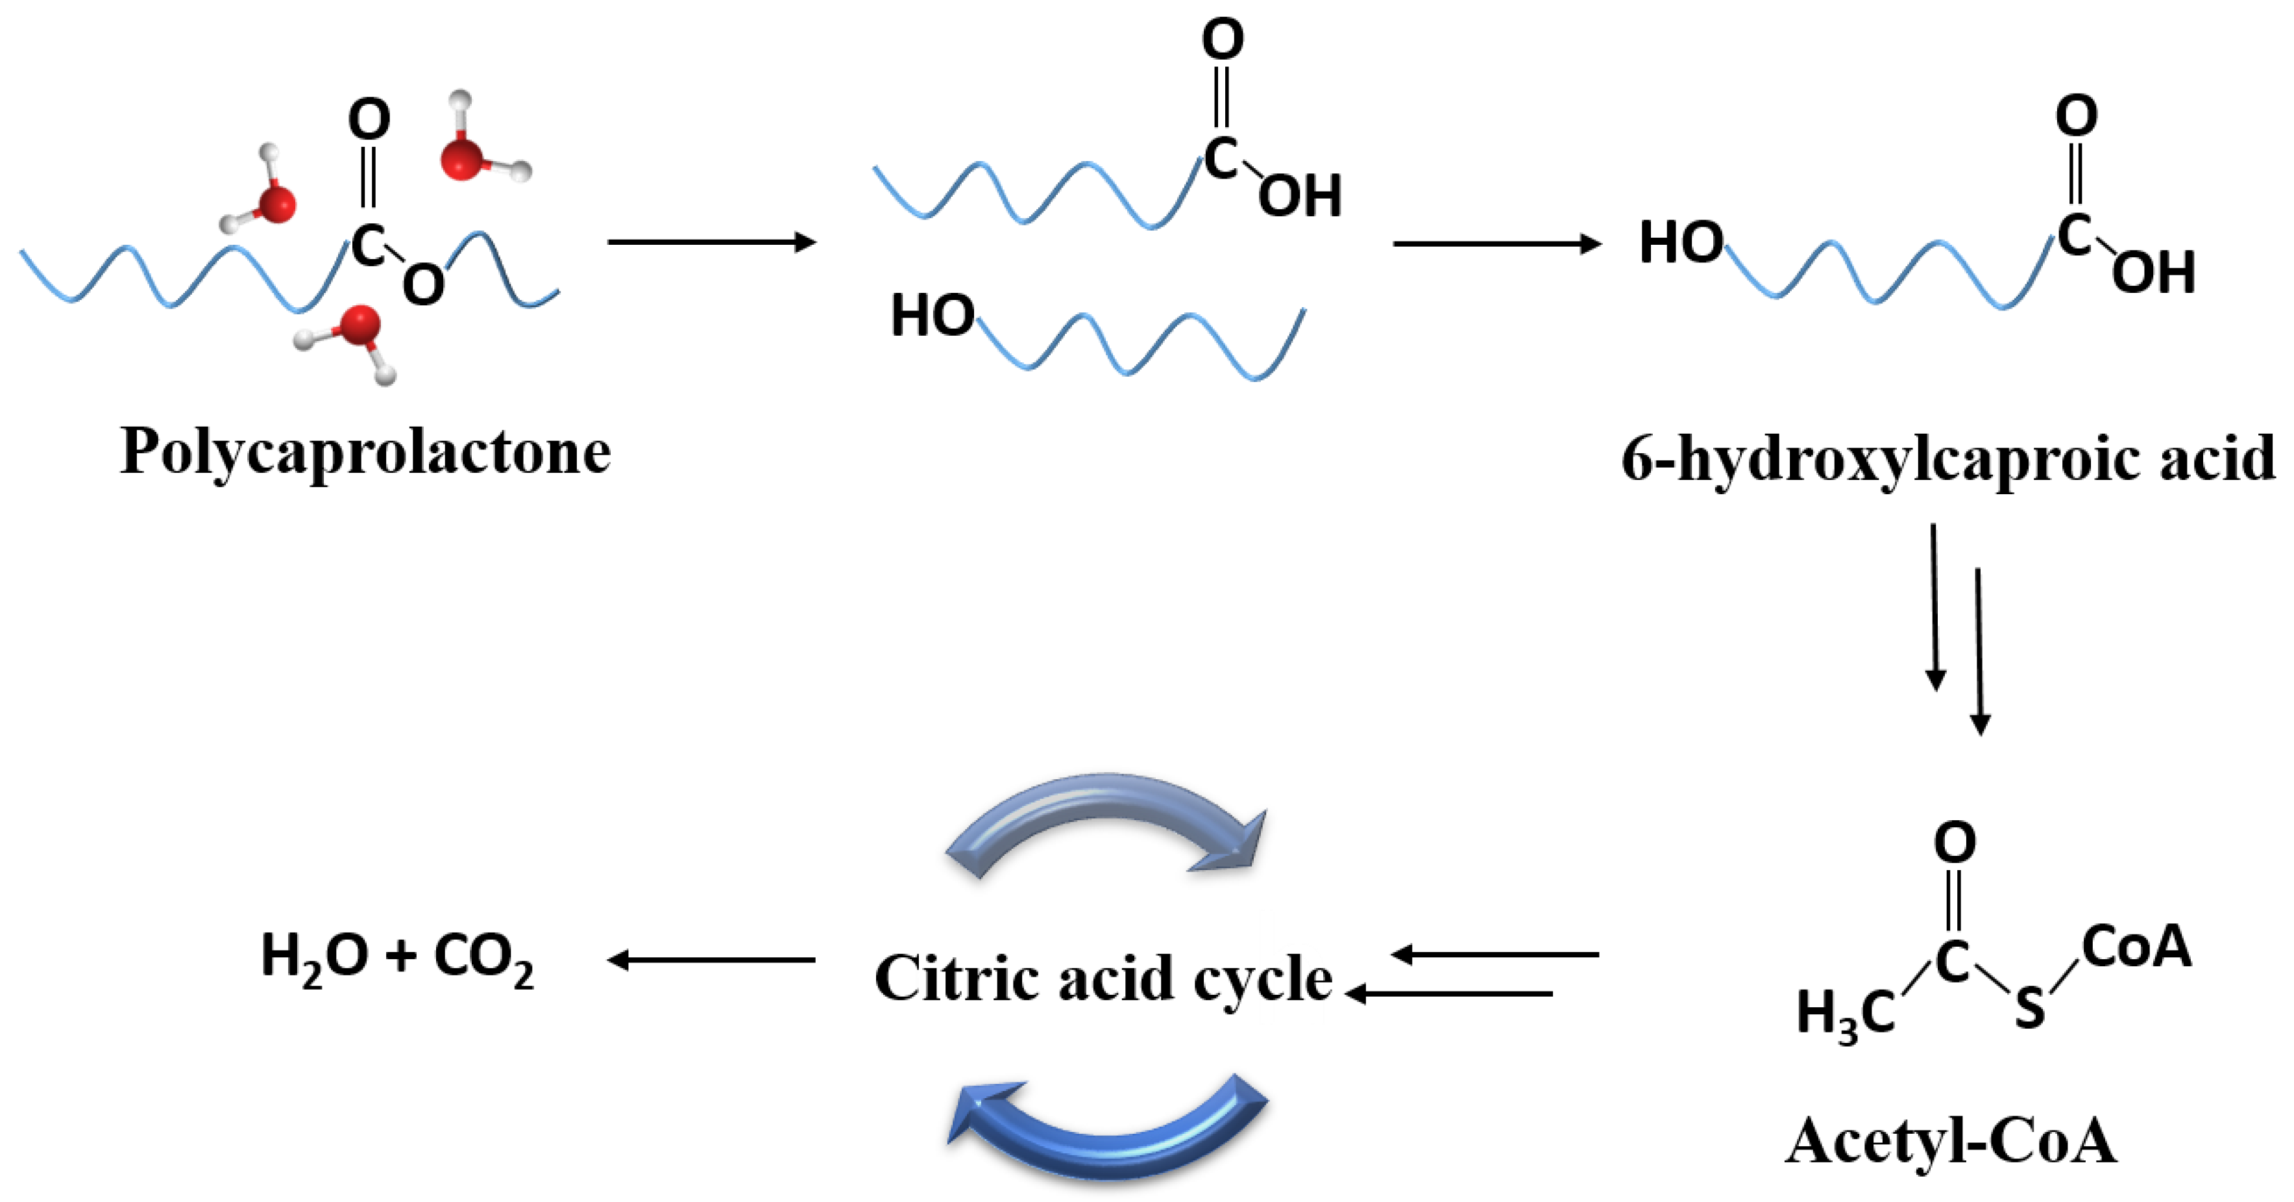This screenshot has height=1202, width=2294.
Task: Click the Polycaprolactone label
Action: coord(365,453)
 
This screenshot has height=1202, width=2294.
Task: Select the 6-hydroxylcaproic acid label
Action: coord(1947,460)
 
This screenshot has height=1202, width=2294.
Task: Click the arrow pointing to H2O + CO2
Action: coord(711,960)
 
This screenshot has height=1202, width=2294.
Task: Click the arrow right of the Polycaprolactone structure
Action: coord(711,242)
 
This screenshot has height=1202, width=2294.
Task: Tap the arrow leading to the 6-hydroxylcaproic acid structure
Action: coord(1496,244)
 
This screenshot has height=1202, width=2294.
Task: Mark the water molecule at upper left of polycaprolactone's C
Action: coord(263,192)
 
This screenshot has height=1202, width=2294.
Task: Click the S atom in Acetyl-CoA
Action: coord(2029,1008)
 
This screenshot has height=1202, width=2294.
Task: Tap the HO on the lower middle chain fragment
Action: coord(931,316)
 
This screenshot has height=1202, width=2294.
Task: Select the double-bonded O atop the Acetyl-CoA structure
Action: coord(1955,842)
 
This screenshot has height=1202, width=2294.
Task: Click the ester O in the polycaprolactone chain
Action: coord(423,285)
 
